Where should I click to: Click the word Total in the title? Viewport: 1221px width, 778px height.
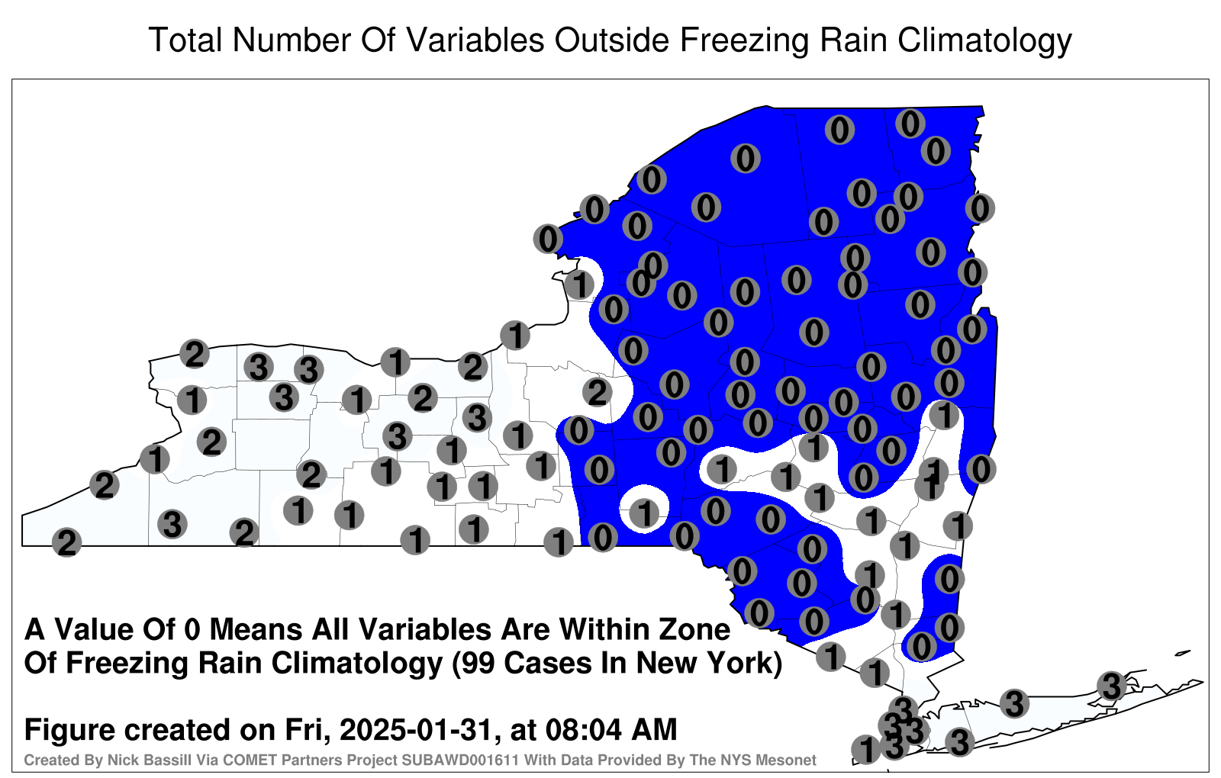click(x=185, y=40)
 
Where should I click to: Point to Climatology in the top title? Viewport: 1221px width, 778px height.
click(x=985, y=41)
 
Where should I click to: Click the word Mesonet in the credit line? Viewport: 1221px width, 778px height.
click(x=791, y=760)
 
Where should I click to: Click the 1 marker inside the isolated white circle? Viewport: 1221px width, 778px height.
click(x=645, y=513)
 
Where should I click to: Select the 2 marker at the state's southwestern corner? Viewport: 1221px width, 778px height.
click(x=66, y=542)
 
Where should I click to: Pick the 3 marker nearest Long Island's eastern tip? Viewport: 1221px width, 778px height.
click(x=1111, y=686)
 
